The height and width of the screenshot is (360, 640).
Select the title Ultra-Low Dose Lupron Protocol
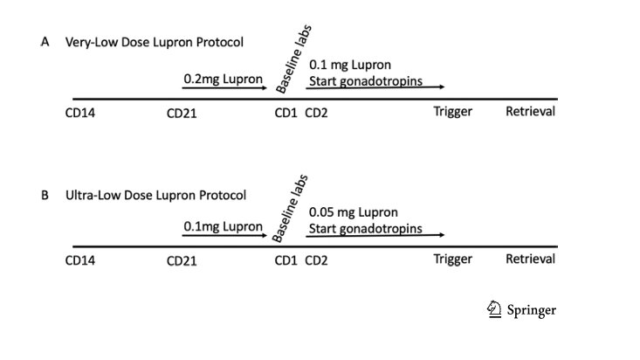pos(155,196)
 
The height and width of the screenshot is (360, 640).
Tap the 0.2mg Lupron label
pos(223,79)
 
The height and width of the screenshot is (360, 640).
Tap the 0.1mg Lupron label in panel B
pos(223,227)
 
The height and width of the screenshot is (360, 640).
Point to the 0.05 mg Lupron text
pos(354,213)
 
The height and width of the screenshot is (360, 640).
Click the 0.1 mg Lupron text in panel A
pos(350,66)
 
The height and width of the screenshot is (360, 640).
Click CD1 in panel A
pos(286,113)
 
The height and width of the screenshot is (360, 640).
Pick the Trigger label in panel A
pos(452,113)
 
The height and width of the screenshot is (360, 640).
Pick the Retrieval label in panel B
pos(530,260)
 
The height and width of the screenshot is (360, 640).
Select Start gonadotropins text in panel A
pos(366,82)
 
